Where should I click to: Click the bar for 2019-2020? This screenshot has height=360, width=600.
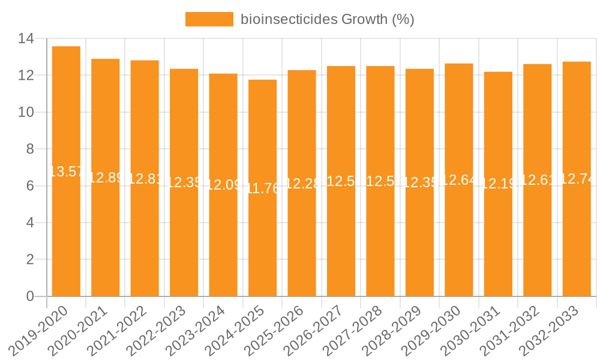point(66,228)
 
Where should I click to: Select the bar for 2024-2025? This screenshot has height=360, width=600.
point(263,240)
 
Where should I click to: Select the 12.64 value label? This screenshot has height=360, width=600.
point(459,180)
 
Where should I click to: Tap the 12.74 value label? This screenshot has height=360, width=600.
point(577,179)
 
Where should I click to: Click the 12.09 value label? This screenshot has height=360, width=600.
point(223,185)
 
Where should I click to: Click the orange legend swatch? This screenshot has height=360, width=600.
point(209,19)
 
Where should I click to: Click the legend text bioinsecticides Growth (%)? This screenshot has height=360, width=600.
point(328,19)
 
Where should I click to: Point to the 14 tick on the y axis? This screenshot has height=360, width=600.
point(26,39)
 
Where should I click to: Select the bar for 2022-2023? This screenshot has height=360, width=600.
point(184,240)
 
